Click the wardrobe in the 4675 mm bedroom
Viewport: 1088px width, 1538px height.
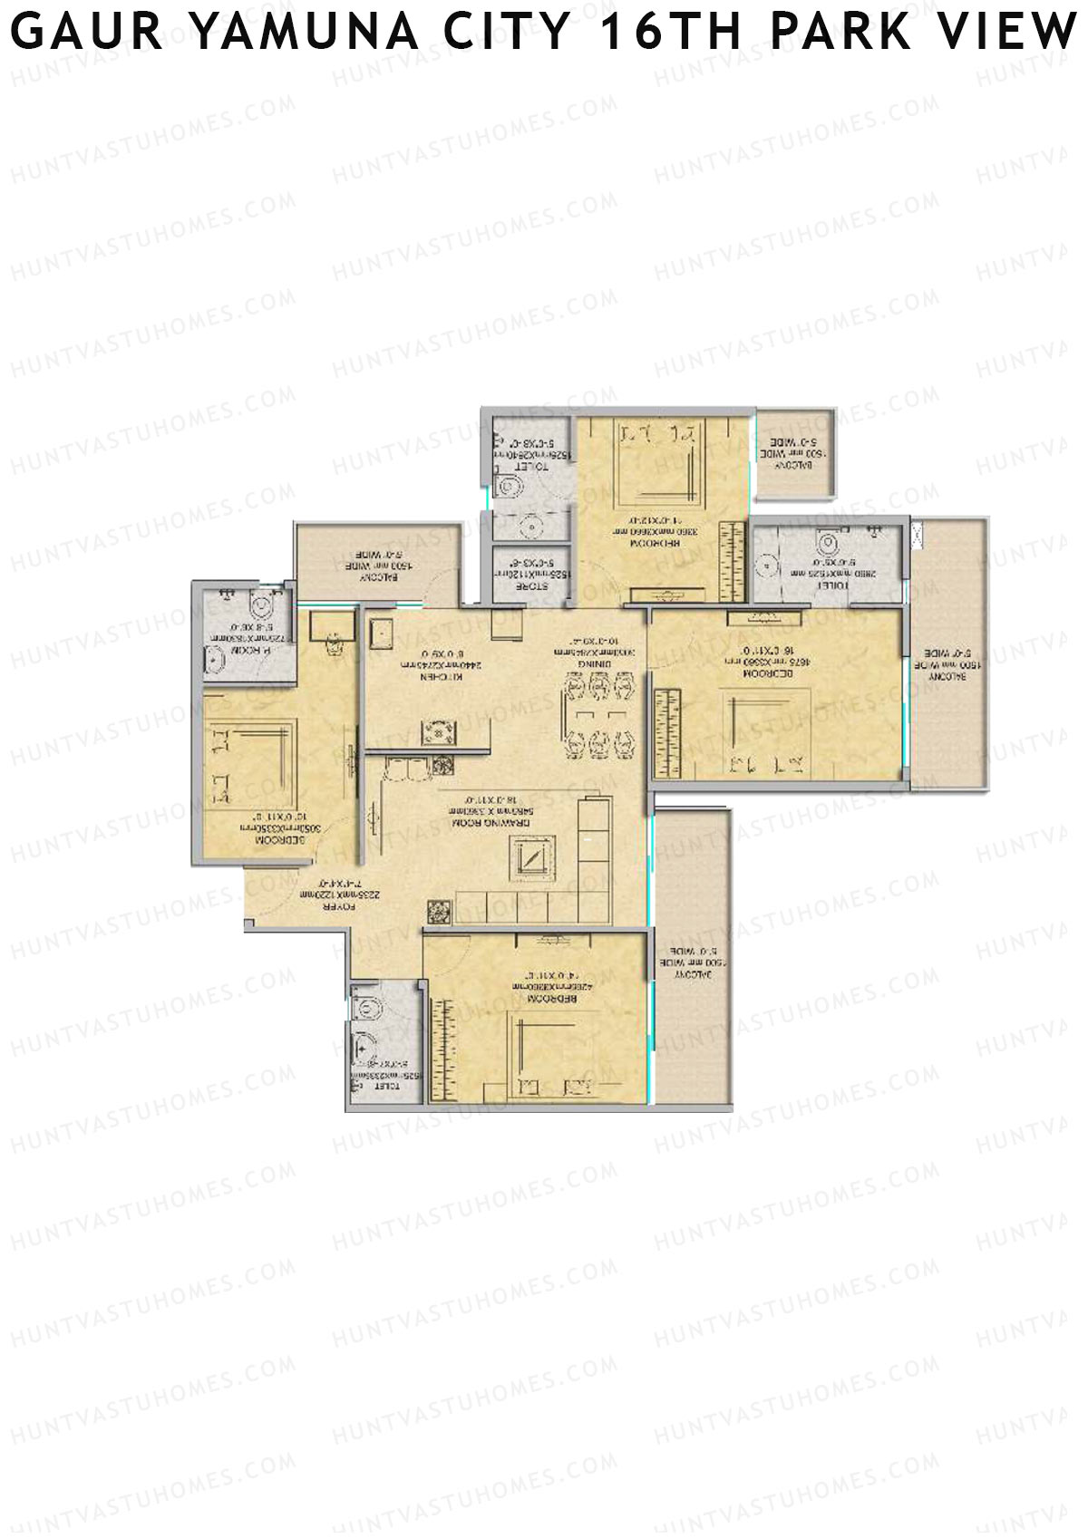click(x=667, y=732)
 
